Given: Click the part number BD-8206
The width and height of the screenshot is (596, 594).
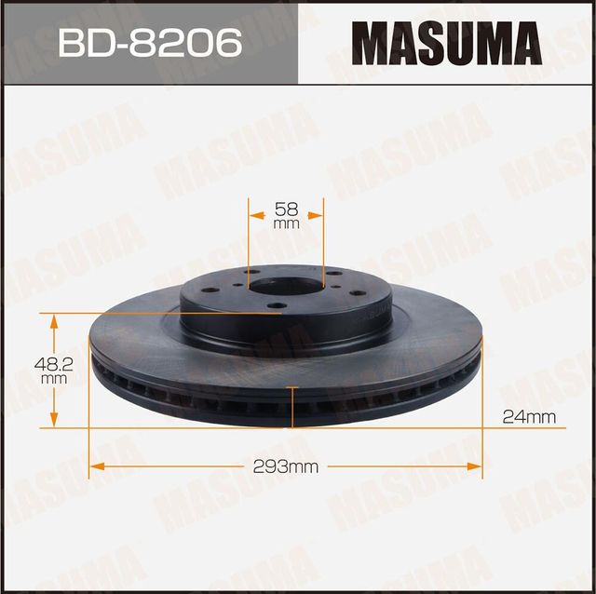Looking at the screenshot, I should (x=148, y=42).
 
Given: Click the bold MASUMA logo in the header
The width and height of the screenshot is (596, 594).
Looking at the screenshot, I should (x=447, y=43).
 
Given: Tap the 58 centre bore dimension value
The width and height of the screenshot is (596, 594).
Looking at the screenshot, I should (x=286, y=209).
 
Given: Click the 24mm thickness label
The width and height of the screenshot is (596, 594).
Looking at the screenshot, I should (x=528, y=417).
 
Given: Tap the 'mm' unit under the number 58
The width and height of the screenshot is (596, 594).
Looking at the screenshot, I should (x=286, y=224).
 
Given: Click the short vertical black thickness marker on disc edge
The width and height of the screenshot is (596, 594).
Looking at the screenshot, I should (x=293, y=408).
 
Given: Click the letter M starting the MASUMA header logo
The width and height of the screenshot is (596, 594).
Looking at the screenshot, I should (x=370, y=43).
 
